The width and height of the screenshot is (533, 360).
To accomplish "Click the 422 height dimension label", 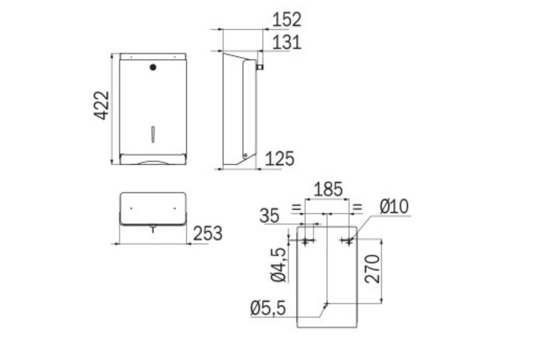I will (x=102, y=105).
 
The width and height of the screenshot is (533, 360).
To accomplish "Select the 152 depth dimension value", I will (x=287, y=20).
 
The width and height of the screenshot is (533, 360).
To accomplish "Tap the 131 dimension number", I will (x=287, y=42).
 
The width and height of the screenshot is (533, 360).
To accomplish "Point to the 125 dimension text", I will (x=280, y=159).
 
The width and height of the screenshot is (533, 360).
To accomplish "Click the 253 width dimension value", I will (x=208, y=233).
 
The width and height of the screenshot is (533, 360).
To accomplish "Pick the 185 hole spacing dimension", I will (x=328, y=189).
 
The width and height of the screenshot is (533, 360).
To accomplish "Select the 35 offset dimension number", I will (x=269, y=215).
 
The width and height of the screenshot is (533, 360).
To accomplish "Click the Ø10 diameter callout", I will (x=394, y=207).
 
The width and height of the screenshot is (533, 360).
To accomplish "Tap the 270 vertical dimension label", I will (x=373, y=268).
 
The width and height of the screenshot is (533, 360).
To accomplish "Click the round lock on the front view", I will (x=153, y=67).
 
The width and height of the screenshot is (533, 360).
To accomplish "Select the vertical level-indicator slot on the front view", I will (x=153, y=134).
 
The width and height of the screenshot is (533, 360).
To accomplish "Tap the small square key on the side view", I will (x=260, y=66).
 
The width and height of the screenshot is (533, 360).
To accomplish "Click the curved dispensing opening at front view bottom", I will (x=153, y=161).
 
